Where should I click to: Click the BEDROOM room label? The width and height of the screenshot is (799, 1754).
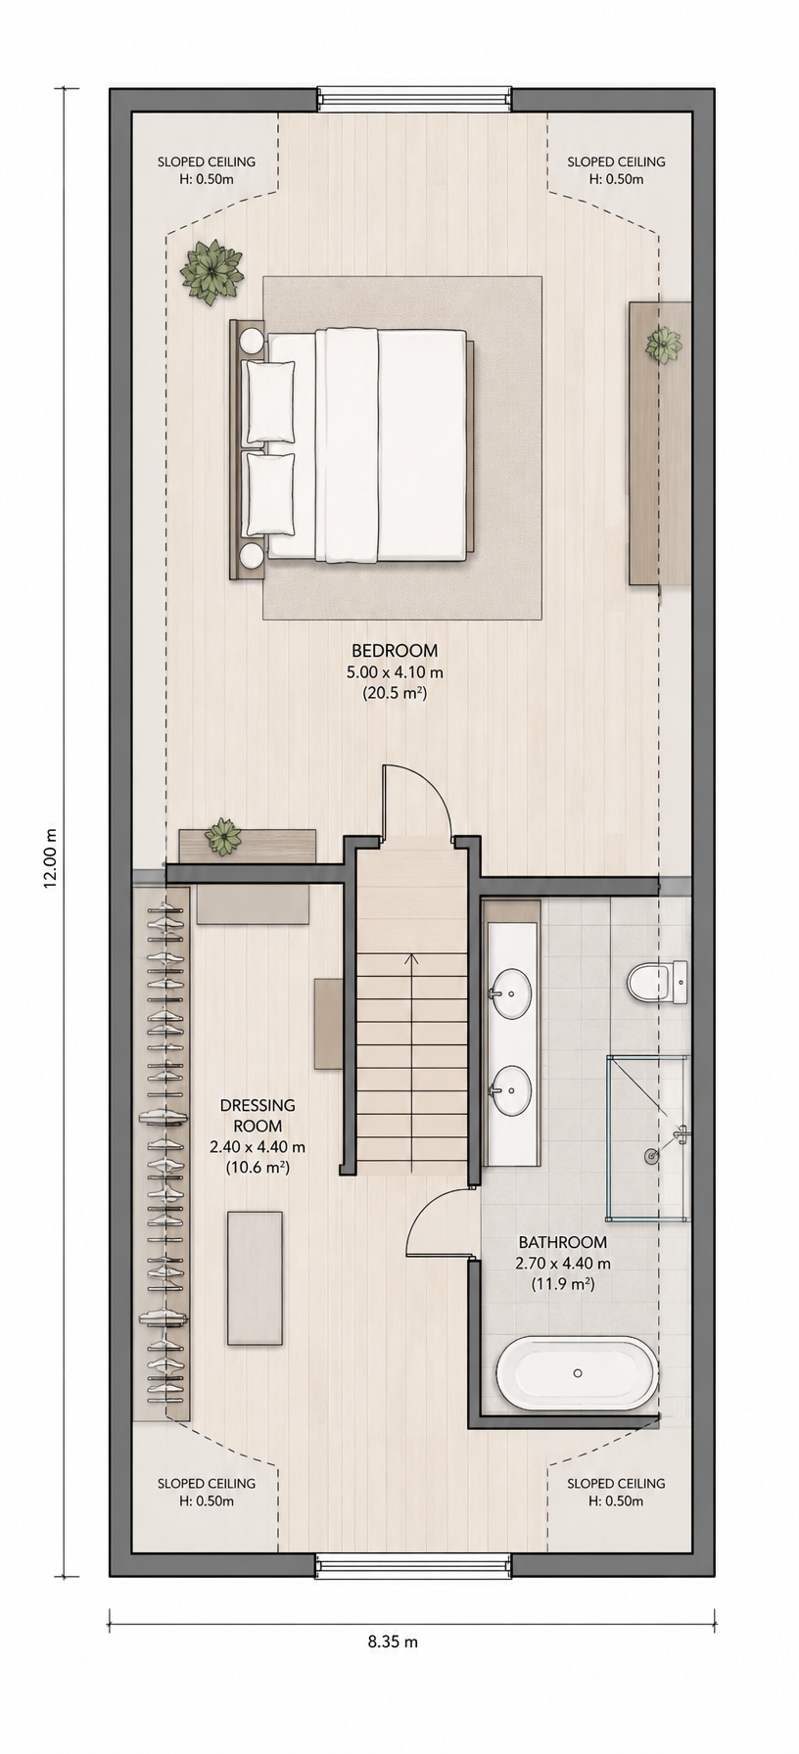click(x=395, y=651)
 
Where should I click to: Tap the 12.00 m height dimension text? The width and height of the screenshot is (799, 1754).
click(x=51, y=857)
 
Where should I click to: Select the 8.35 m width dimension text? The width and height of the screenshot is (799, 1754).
click(x=393, y=1642)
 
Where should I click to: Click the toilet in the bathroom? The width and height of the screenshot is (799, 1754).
click(x=657, y=982)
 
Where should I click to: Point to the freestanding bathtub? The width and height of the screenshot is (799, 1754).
click(x=578, y=1373)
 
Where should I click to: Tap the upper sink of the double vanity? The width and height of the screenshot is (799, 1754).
click(x=510, y=993)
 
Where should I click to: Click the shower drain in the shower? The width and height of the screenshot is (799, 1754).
click(x=651, y=1156)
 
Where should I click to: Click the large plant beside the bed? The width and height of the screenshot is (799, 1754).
click(x=211, y=271)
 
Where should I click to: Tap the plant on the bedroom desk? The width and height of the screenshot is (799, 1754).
click(x=663, y=345)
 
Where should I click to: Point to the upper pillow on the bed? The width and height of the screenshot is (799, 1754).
click(x=269, y=402)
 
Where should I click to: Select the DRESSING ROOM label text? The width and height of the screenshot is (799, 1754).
click(x=258, y=1116)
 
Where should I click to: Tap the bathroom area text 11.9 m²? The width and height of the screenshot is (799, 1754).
click(x=563, y=1284)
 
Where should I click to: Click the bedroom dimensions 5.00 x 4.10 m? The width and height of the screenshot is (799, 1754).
click(x=395, y=672)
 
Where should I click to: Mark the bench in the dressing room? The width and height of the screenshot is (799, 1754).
click(x=255, y=1278)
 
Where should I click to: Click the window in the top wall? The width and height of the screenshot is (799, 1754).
click(x=413, y=99)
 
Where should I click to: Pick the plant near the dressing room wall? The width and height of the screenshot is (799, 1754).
click(x=223, y=837)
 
